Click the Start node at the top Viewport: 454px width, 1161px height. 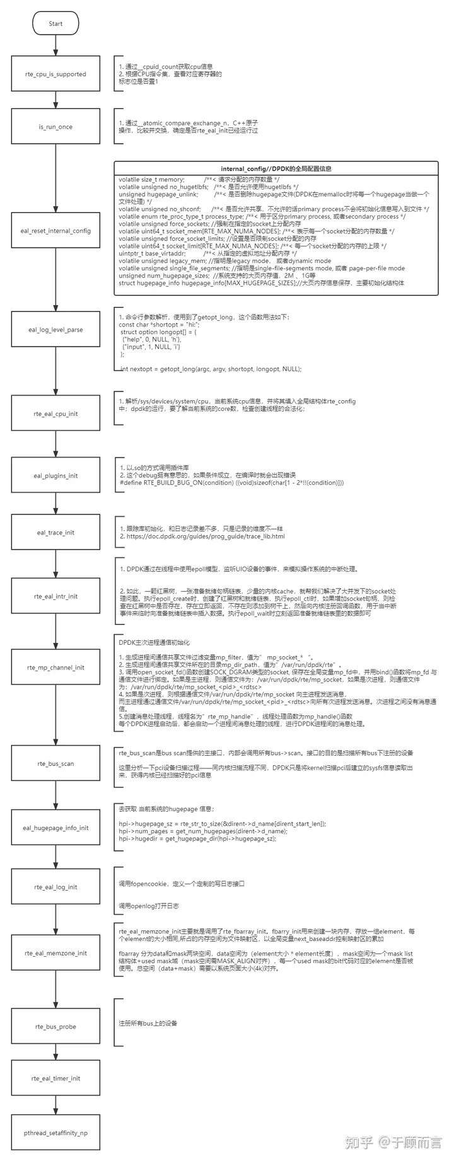(55, 24)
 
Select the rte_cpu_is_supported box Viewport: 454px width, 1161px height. (55, 74)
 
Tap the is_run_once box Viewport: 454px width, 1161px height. (55, 127)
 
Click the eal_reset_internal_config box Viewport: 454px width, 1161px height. (55, 231)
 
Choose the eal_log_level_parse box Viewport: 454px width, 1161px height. (55, 330)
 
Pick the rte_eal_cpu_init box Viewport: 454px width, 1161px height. (55, 413)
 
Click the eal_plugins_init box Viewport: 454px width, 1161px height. (55, 476)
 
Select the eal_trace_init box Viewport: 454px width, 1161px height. (55, 533)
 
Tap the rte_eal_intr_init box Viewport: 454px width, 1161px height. (55, 596)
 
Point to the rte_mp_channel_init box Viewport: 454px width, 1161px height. (55, 667)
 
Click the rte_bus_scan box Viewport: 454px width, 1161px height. (55, 764)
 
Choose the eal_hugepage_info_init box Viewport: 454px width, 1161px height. (55, 828)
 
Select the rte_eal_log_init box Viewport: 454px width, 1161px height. (55, 887)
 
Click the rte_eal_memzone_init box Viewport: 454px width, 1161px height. (55, 953)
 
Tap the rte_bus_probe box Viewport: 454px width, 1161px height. (55, 1027)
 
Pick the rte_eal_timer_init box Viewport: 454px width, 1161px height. (55, 1078)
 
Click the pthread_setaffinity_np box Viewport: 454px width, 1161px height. (55, 1133)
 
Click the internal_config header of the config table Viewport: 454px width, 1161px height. (276, 169)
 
